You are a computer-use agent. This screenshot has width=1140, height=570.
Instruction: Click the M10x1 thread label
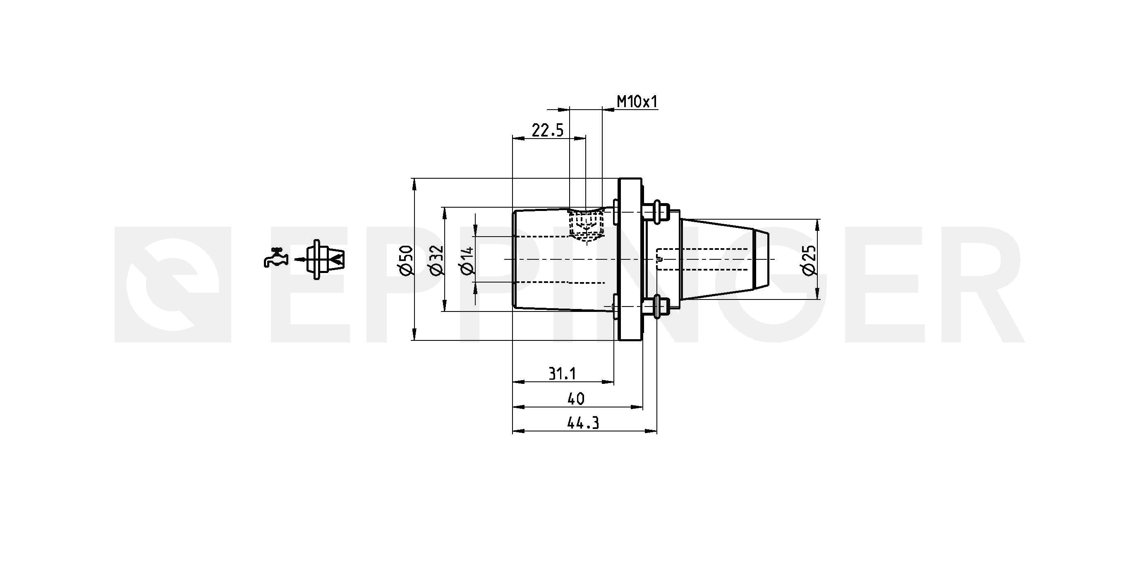tap(637, 102)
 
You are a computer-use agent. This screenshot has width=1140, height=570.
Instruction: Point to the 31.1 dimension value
tap(562, 374)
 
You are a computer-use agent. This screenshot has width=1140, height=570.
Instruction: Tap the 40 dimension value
tap(575, 399)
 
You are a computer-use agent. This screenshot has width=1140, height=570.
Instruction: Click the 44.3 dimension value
tap(583, 424)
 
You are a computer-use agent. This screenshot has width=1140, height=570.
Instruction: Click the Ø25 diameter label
tap(809, 260)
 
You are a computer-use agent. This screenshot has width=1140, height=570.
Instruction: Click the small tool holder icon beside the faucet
tap(325, 259)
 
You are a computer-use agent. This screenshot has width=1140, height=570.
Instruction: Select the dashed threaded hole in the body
tap(587, 226)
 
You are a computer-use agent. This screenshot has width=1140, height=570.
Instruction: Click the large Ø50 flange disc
tap(629, 259)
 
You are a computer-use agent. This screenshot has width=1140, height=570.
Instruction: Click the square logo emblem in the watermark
tap(172, 285)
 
